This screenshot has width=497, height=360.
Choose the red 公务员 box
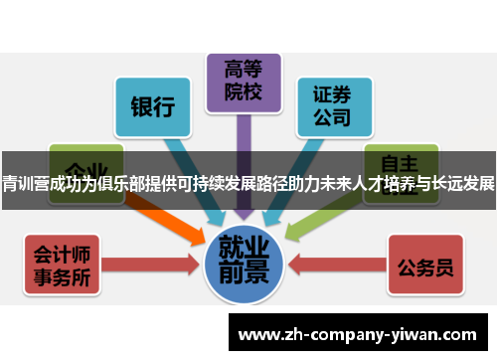425,266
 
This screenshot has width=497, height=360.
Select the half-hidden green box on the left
84,159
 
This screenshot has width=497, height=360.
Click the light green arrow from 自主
318,221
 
